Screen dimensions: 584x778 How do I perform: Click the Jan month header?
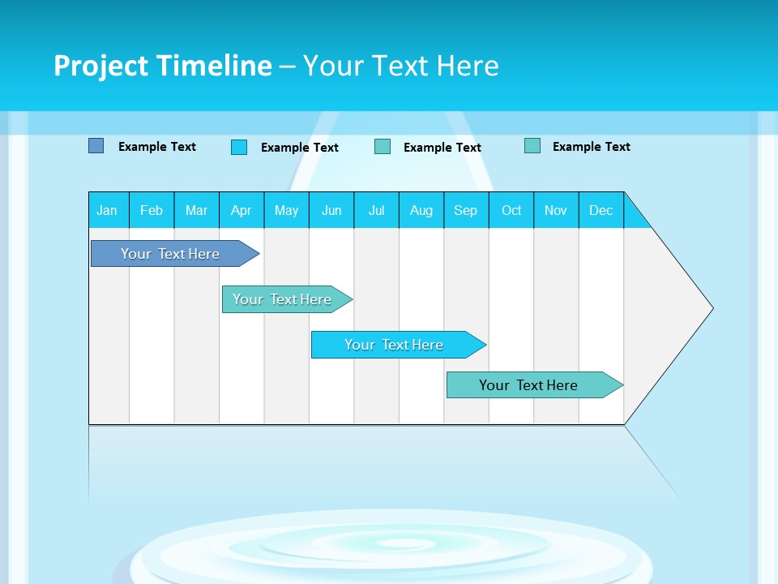[x=107, y=210]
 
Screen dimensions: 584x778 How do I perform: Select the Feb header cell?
[x=152, y=210]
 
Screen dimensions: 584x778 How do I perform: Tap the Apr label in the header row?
[x=241, y=210]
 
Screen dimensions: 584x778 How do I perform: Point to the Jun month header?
[x=331, y=210]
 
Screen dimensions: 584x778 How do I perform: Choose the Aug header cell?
[x=421, y=210]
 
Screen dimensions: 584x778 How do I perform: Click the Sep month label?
[x=465, y=210]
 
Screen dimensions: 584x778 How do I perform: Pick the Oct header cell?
[x=511, y=210]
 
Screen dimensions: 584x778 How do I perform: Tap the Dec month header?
[x=601, y=210]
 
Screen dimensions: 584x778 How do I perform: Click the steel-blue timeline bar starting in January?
[x=170, y=254]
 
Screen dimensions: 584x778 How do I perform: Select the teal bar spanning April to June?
[x=282, y=299]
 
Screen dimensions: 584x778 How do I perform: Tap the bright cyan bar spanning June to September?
[x=394, y=345]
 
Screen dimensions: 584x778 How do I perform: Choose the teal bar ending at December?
[x=528, y=385]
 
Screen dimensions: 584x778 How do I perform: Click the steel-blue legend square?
[x=96, y=146]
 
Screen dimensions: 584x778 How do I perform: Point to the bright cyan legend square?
[x=239, y=147]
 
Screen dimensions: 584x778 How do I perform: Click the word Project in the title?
[x=101, y=66]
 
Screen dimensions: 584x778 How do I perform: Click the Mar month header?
[x=196, y=210]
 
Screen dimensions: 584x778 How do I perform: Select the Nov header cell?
[x=556, y=210]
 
